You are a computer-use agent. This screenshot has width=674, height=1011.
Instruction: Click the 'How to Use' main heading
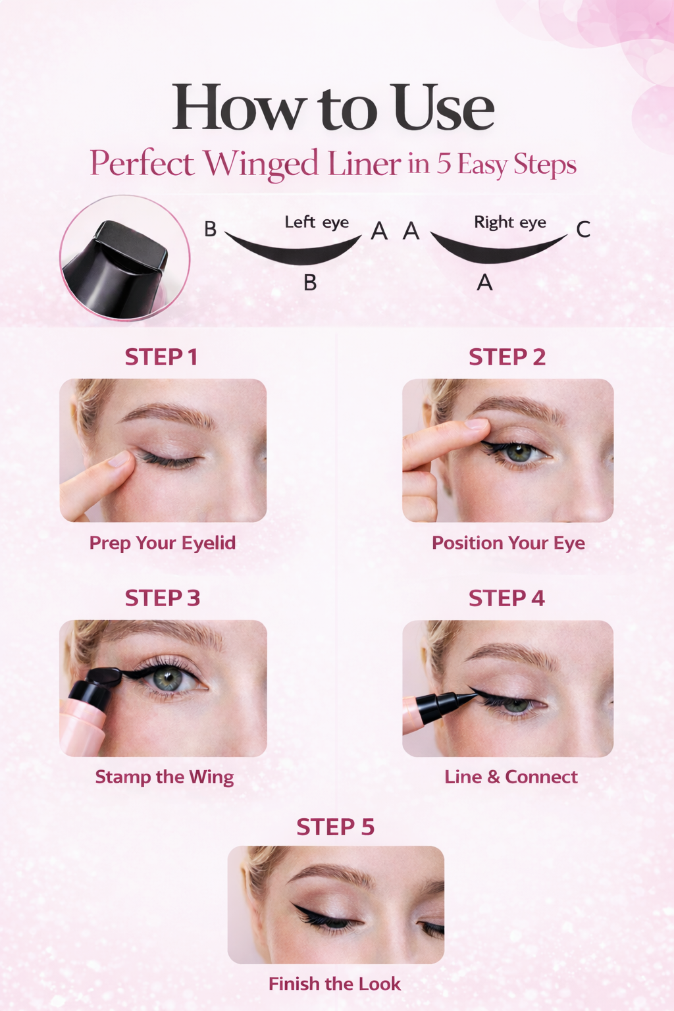pyautogui.click(x=333, y=108)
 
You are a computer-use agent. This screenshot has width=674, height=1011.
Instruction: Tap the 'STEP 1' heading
pyautogui.click(x=161, y=357)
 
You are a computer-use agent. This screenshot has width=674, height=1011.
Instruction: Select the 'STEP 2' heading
pyautogui.click(x=507, y=357)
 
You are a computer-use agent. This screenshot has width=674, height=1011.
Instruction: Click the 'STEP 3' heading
pyautogui.click(x=162, y=598)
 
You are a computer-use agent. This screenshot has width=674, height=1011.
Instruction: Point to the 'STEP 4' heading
pyautogui.click(x=507, y=598)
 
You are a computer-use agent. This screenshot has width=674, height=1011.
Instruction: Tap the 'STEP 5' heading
pyautogui.click(x=336, y=827)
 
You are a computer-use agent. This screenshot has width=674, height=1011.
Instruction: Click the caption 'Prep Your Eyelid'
pyautogui.click(x=163, y=543)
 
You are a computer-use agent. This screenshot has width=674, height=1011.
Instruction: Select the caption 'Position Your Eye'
pyautogui.click(x=508, y=543)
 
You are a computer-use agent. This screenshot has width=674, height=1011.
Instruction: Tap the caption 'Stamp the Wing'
pyautogui.click(x=165, y=777)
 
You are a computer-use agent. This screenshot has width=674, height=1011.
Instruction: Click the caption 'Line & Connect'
pyautogui.click(x=511, y=777)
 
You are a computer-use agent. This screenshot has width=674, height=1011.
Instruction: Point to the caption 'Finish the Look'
pyautogui.click(x=334, y=984)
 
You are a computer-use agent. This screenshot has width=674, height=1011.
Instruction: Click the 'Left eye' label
pyautogui.click(x=317, y=222)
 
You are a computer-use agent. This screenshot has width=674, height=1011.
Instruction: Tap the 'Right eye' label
pyautogui.click(x=510, y=222)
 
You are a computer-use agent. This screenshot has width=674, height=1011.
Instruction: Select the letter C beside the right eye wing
pyautogui.click(x=583, y=229)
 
